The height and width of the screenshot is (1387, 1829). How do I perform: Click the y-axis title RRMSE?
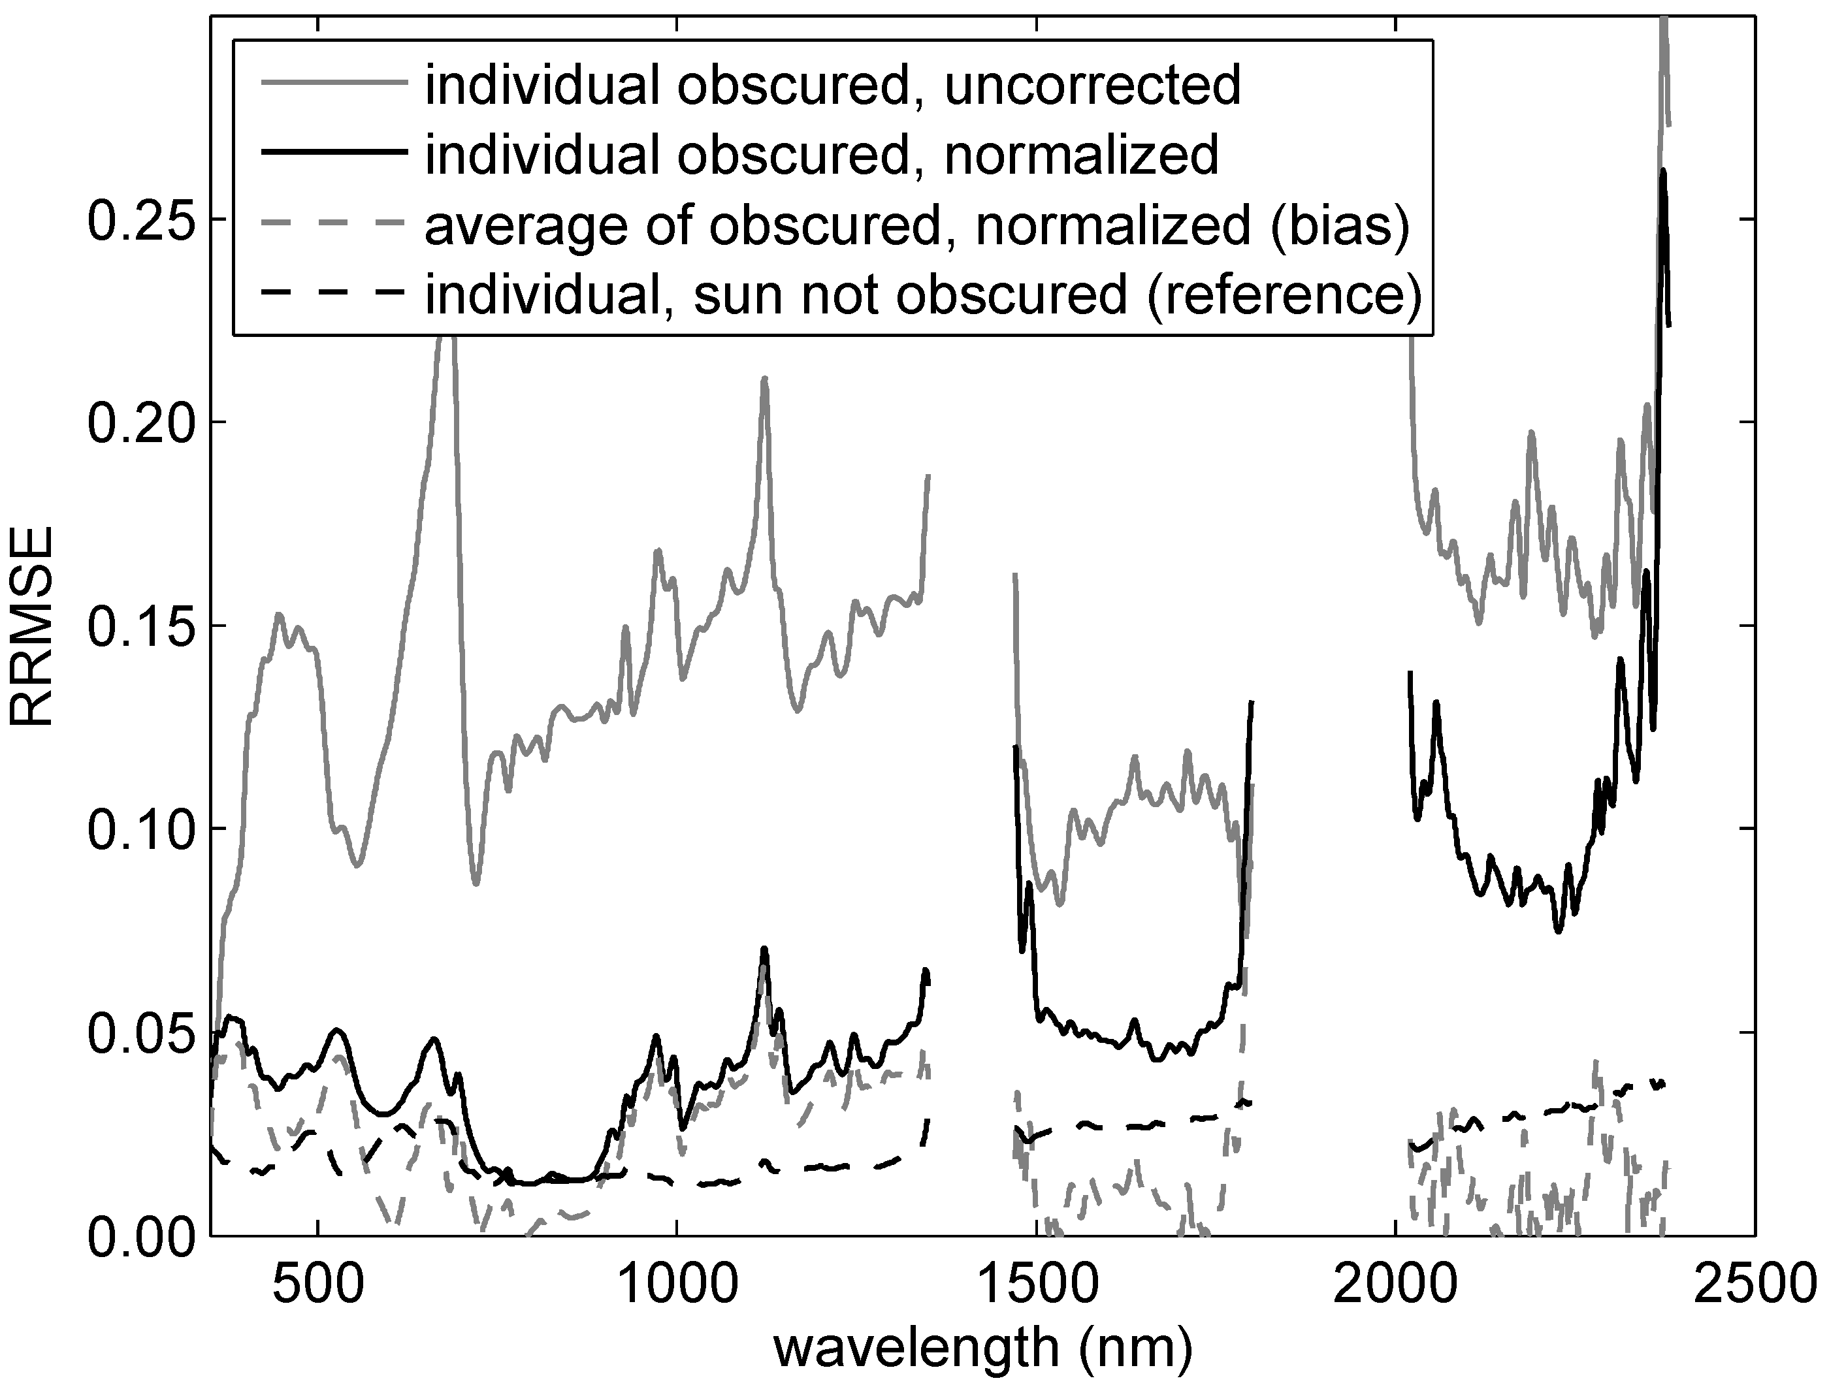click(31, 626)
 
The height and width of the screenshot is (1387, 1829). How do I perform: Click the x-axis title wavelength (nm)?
click(982, 1349)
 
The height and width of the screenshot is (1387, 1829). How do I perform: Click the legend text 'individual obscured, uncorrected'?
click(833, 84)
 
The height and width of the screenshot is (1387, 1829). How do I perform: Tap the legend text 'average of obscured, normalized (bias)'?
click(917, 224)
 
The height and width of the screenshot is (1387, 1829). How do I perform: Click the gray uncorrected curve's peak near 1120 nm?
click(765, 379)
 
